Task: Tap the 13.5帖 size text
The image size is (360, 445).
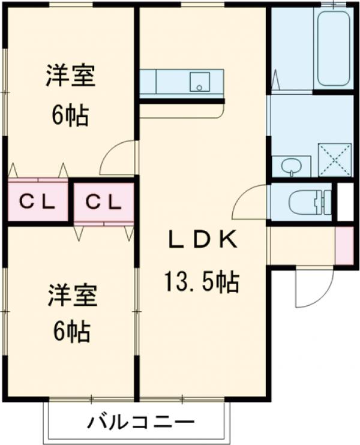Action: (x=202, y=281)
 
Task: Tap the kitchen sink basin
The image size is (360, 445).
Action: (x=198, y=82)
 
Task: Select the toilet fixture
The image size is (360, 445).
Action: (x=309, y=202)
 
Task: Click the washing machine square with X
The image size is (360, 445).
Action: (x=334, y=159)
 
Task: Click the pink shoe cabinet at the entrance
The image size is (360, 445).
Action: (x=344, y=245)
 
